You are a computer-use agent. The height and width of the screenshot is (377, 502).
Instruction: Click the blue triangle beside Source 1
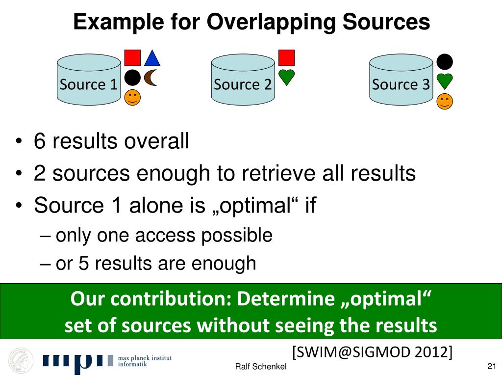click(152, 58)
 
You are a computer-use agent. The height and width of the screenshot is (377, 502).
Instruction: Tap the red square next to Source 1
click(132, 57)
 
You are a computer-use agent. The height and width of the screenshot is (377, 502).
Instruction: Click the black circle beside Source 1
click(132, 78)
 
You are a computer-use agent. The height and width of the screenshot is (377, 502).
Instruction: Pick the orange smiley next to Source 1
click(132, 97)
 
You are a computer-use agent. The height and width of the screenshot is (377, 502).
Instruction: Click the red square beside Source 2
click(286, 57)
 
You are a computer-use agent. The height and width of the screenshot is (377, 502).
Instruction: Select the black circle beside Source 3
click(445, 61)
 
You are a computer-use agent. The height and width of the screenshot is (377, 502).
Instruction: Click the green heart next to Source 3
click(445, 81)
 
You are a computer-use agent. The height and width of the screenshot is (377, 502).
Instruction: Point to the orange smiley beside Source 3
click(445, 101)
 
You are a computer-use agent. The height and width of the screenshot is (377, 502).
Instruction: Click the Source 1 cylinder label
click(89, 84)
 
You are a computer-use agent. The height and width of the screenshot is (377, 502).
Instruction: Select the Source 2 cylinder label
click(243, 84)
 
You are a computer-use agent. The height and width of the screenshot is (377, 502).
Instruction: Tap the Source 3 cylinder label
click(401, 84)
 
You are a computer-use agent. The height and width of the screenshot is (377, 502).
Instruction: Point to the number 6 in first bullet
click(40, 142)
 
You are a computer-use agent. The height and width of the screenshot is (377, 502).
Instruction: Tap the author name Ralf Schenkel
click(261, 367)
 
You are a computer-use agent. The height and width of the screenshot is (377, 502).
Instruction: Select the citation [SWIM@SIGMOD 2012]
click(373, 352)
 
